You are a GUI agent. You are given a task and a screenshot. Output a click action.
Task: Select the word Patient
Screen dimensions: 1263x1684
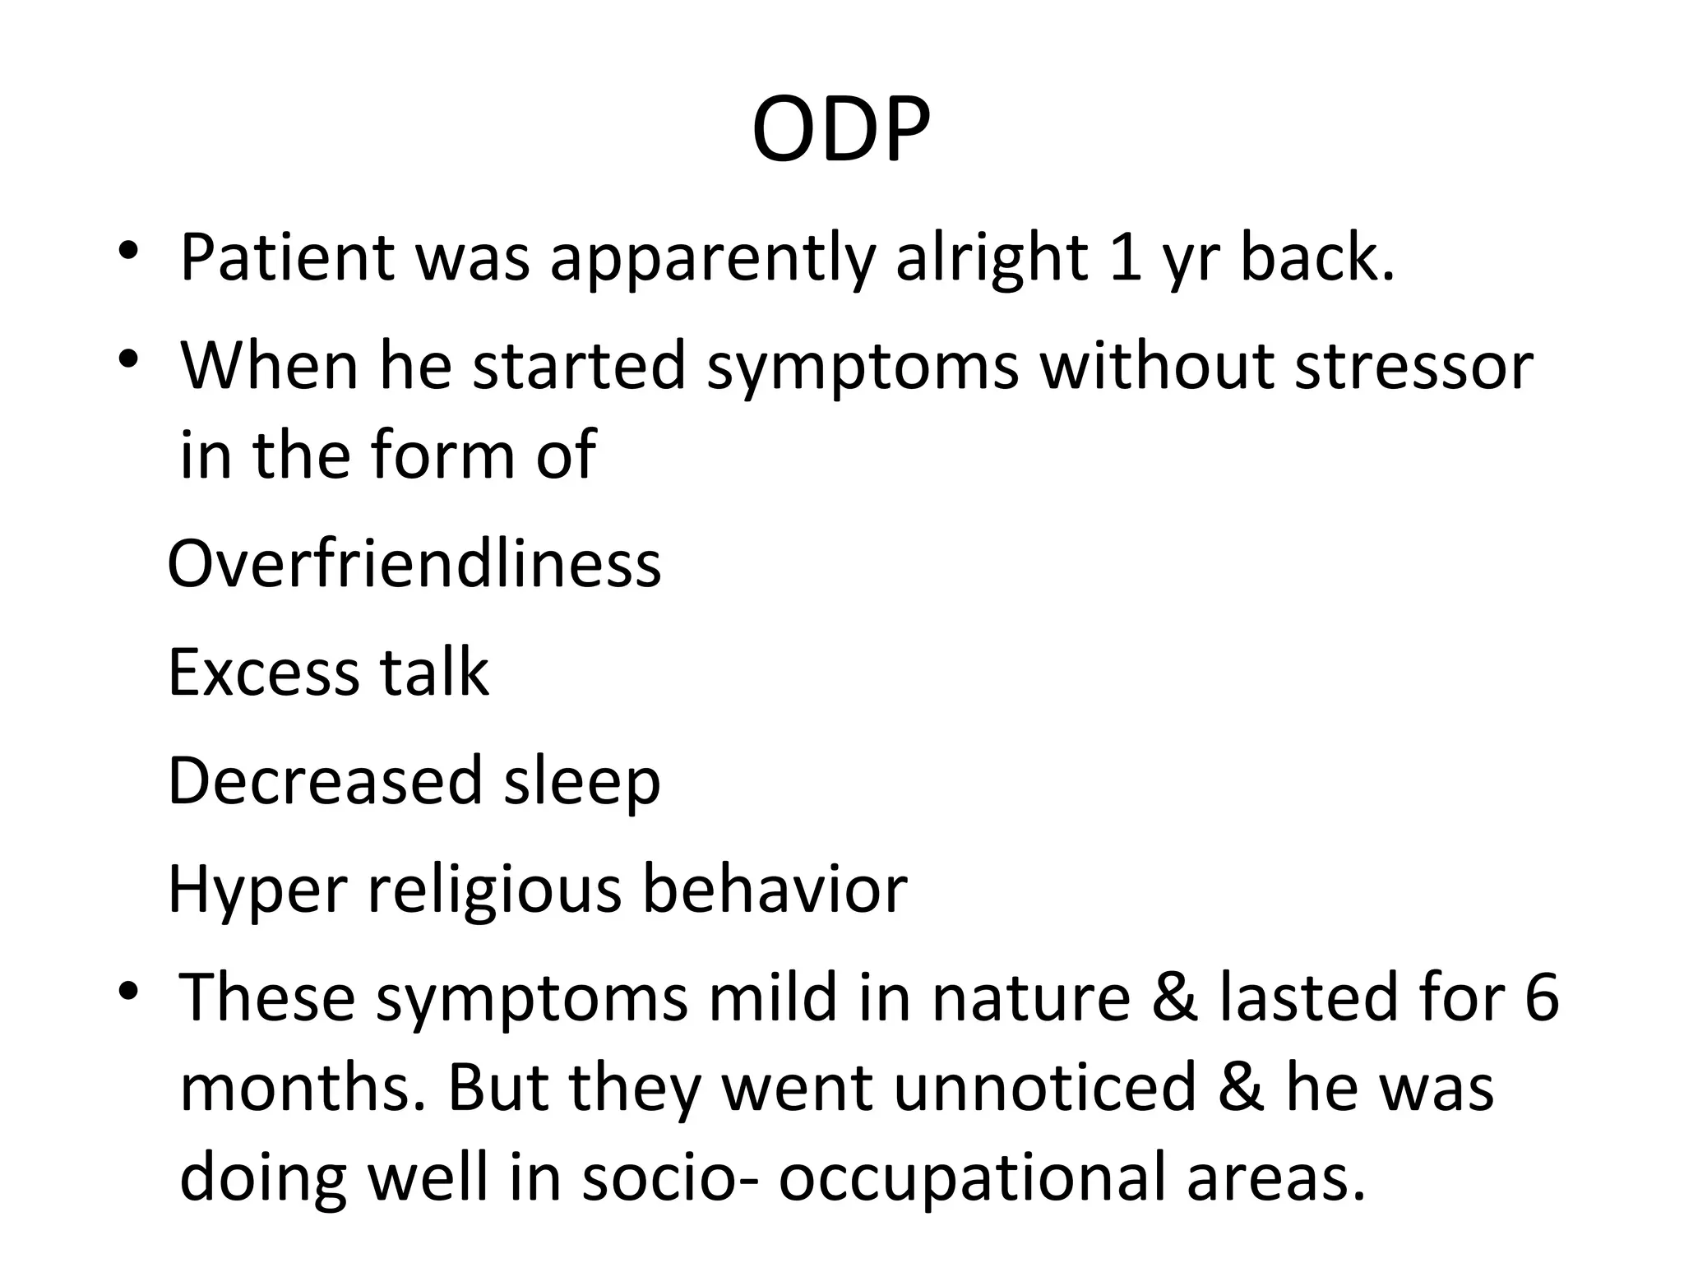[x=287, y=258]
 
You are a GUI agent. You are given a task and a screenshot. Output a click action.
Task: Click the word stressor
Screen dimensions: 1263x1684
[x=1413, y=366]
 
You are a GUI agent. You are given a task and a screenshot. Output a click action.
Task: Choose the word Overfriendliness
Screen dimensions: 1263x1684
[x=414, y=564]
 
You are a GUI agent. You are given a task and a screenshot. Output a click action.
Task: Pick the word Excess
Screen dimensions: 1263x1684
[x=262, y=673]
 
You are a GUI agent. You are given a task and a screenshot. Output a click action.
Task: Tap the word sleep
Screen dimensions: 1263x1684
[x=582, y=784]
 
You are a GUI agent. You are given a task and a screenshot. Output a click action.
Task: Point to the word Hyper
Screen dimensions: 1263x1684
[x=257, y=891]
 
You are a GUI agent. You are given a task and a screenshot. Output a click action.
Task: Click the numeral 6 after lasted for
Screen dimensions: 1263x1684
[x=1541, y=998]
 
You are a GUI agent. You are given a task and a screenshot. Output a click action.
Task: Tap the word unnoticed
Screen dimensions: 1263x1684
[x=1044, y=1087]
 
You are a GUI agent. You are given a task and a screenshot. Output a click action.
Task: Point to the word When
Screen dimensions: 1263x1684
[x=269, y=366]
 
